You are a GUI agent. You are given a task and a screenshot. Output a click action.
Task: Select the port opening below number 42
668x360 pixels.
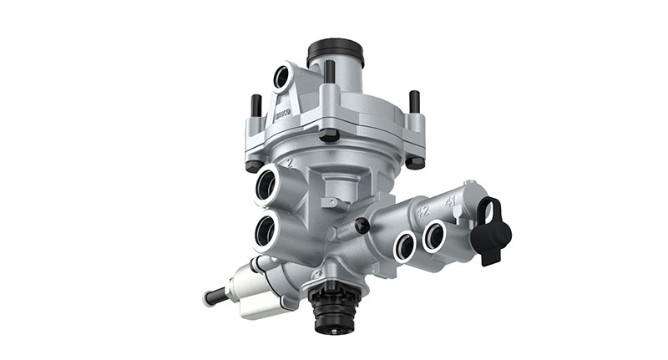click(405, 245)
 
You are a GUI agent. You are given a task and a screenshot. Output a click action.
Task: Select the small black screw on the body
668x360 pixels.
click(362, 226)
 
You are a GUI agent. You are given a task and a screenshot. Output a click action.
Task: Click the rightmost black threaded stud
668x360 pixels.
click(414, 102)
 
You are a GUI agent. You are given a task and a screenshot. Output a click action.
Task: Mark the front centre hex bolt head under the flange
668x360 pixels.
click(329, 136)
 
